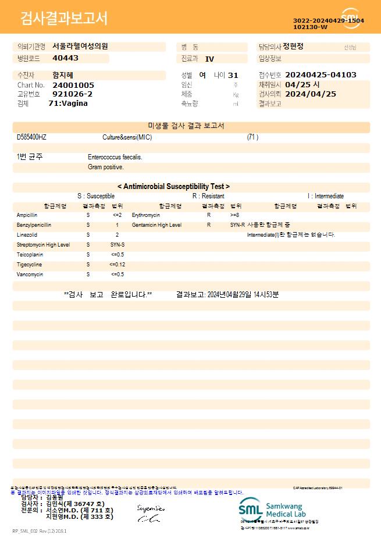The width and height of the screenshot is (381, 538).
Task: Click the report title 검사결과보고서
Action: [64, 19]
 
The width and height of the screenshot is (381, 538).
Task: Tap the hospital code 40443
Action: [65, 58]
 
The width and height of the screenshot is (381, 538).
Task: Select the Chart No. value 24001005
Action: [73, 85]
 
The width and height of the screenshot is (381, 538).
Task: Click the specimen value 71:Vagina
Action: [68, 103]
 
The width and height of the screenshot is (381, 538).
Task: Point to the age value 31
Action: [233, 75]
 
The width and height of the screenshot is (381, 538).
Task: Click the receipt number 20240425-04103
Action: [321, 75]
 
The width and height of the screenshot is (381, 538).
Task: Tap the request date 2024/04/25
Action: [311, 94]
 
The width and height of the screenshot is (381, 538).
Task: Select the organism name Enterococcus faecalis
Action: [115, 157]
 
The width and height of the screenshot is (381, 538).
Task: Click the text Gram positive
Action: [106, 167]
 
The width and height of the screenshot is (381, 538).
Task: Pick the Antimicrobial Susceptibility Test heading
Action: [173, 187]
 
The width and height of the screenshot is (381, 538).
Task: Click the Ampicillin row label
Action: [27, 215]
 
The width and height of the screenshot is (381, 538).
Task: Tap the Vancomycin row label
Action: [30, 275]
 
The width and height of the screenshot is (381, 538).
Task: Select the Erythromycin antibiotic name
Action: [145, 215]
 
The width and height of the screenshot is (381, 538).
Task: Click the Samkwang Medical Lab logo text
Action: [290, 510]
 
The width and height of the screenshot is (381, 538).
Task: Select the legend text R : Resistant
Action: [208, 196]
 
